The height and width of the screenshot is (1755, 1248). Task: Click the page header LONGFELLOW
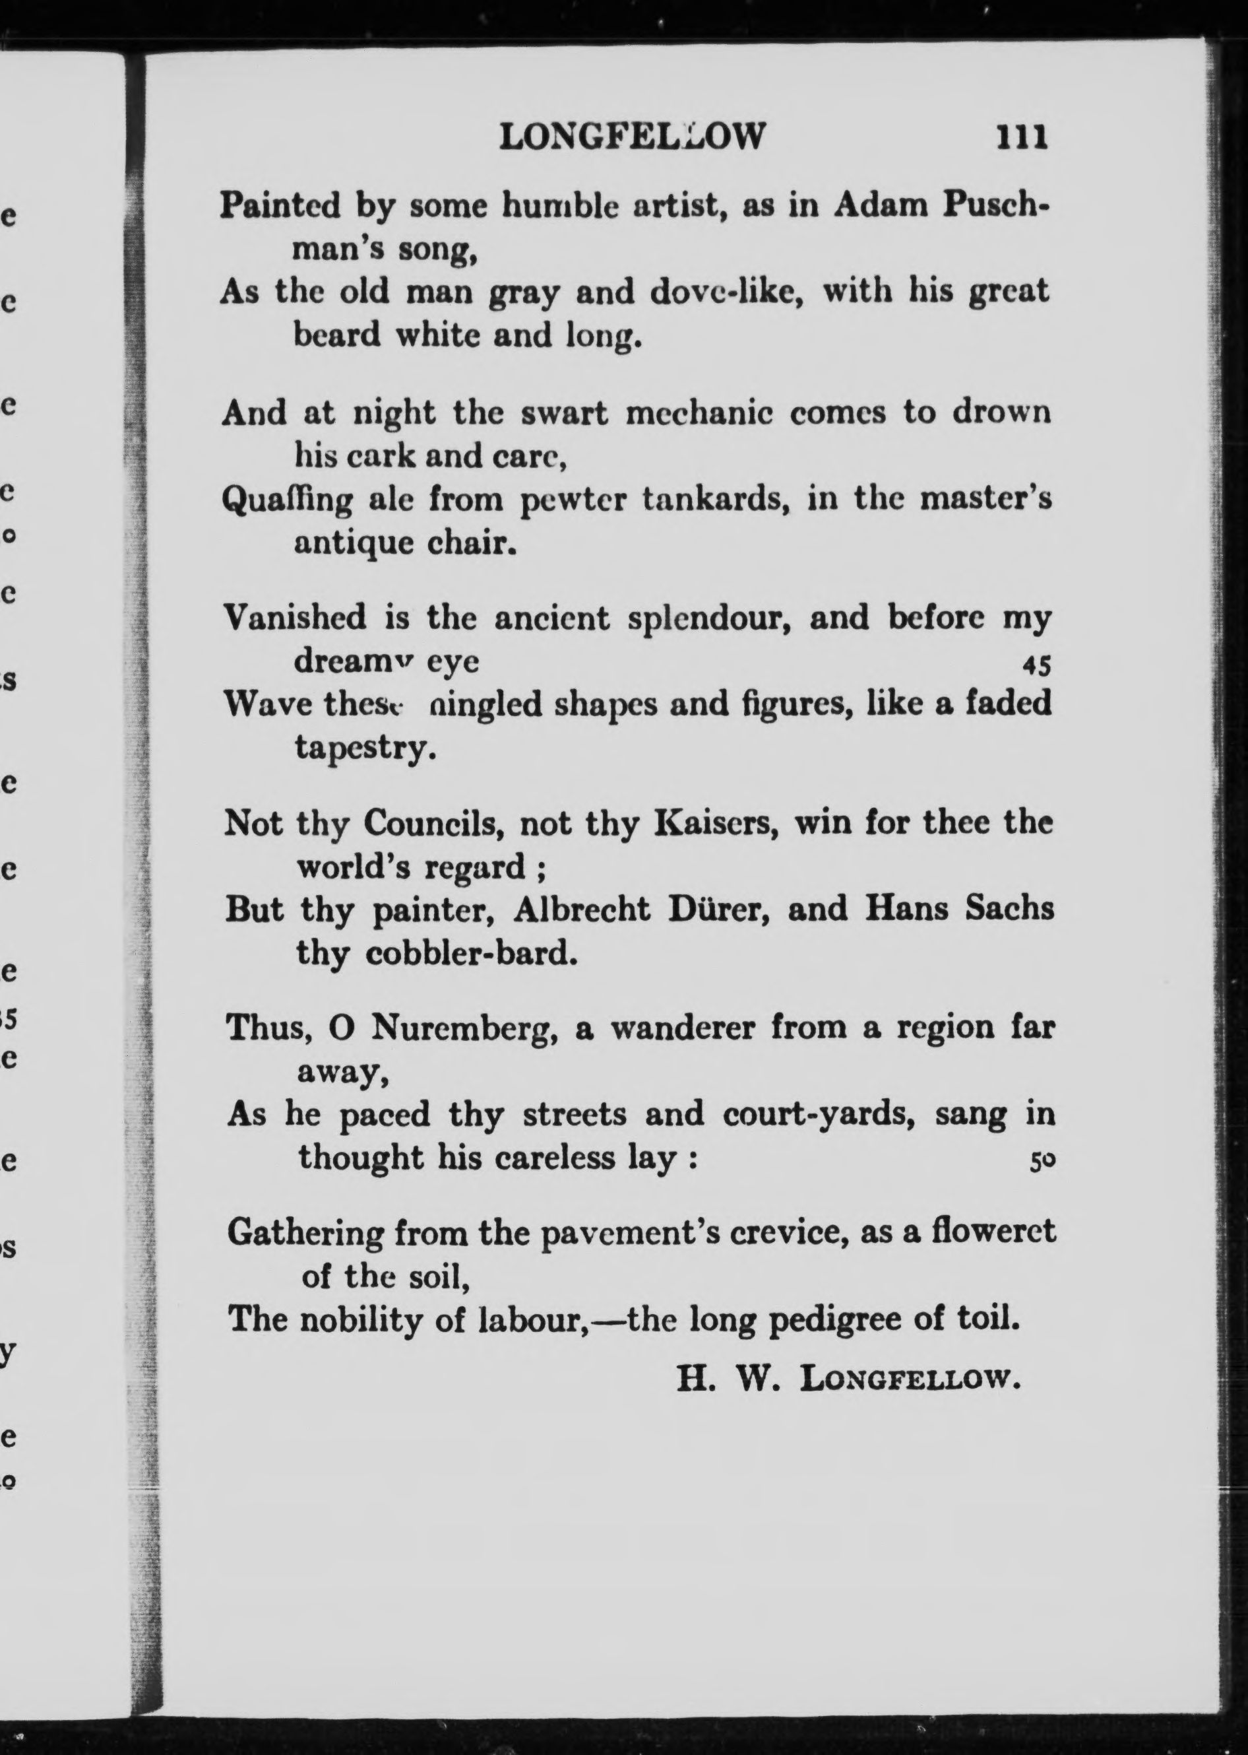pyautogui.click(x=632, y=137)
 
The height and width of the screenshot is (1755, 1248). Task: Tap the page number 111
pyautogui.click(x=1021, y=137)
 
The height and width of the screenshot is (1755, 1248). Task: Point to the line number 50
pyautogui.click(x=1042, y=1163)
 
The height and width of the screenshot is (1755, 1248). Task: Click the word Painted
pyautogui.click(x=280, y=205)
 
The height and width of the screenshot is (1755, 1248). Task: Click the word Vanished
pyautogui.click(x=294, y=617)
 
